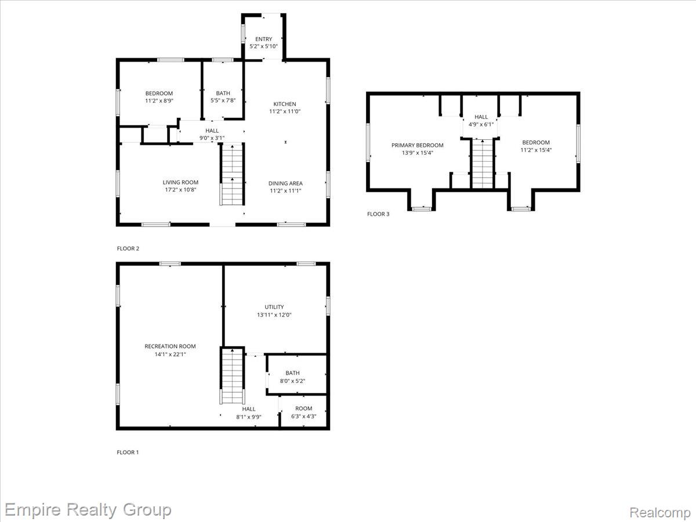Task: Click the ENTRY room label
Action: pyautogui.click(x=263, y=39)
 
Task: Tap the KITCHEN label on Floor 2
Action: pyautogui.click(x=285, y=104)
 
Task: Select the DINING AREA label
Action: pyautogui.click(x=285, y=183)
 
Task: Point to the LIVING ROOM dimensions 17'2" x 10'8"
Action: pyautogui.click(x=180, y=190)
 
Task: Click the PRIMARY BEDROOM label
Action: pyautogui.click(x=417, y=145)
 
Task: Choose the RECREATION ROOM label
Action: pyautogui.click(x=170, y=346)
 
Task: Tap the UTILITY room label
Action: pyautogui.click(x=274, y=307)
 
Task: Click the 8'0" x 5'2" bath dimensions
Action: pyautogui.click(x=292, y=381)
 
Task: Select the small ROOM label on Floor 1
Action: pyautogui.click(x=303, y=408)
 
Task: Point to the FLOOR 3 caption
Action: pyautogui.click(x=378, y=214)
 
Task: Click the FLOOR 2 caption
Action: pyautogui.click(x=128, y=248)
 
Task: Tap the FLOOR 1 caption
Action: pyautogui.click(x=128, y=452)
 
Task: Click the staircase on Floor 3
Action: pyautogui.click(x=483, y=164)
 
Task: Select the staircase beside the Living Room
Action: pyautogui.click(x=233, y=175)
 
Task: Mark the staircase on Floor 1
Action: pyautogui.click(x=233, y=376)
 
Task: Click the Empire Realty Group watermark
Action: pyautogui.click(x=88, y=510)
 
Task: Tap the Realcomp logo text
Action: pyautogui.click(x=660, y=512)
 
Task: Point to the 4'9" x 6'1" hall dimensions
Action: pyautogui.click(x=481, y=125)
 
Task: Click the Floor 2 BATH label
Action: pyautogui.click(x=223, y=93)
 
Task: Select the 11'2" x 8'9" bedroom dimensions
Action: pyautogui.click(x=159, y=101)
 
